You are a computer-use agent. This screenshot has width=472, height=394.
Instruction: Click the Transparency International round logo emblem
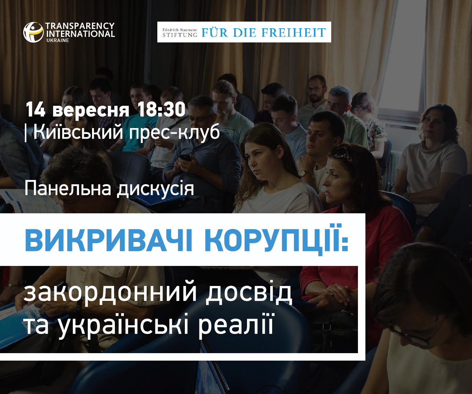(33, 32)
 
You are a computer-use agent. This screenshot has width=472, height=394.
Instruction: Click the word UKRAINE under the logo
(58, 40)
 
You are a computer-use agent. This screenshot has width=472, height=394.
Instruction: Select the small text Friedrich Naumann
(180, 29)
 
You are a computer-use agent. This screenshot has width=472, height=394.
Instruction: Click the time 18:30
(161, 110)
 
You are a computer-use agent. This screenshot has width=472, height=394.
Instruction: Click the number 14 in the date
(35, 110)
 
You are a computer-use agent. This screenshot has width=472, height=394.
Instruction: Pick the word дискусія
(155, 189)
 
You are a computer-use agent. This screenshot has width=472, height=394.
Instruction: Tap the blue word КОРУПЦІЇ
(277, 239)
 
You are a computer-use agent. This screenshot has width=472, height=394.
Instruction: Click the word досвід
(249, 293)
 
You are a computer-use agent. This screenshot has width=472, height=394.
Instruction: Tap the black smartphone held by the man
(185, 158)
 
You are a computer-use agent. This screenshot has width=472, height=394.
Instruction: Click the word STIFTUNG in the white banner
(180, 35)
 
